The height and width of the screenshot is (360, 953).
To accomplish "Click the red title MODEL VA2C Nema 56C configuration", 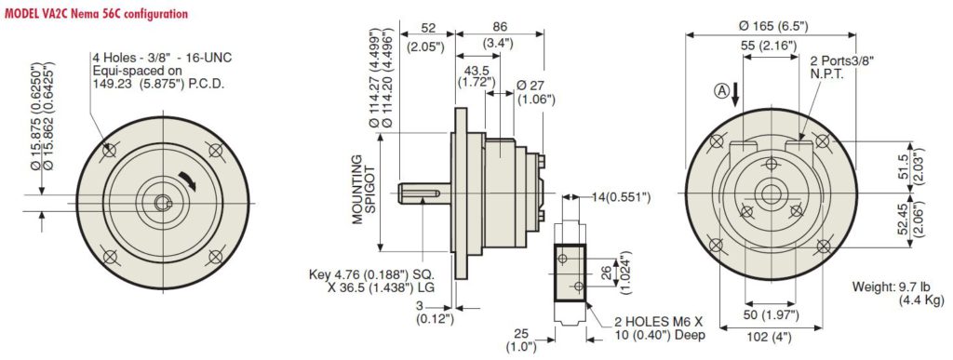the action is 96,14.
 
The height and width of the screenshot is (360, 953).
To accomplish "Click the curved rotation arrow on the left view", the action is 188,180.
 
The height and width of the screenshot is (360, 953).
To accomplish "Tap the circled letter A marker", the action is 721,91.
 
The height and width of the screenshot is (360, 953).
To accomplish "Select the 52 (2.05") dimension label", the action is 427,36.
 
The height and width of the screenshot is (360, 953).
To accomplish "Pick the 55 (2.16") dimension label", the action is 771,46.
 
